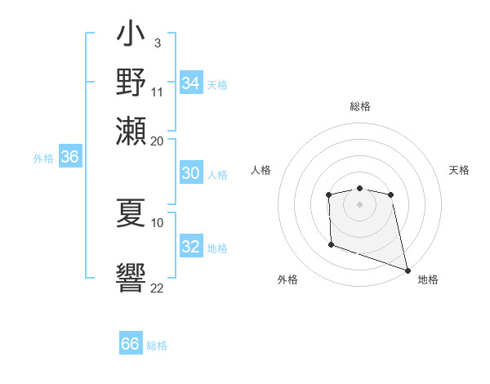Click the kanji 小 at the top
131,36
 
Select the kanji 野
131,83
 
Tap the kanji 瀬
131,130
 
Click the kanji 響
131,279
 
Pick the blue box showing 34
190,83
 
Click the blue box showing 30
190,173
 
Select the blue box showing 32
190,247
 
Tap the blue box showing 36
69,158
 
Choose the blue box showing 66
131,344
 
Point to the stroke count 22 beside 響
158,287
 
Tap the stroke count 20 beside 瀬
158,140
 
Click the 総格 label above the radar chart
359,106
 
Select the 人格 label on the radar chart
261,170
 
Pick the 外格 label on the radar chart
287,279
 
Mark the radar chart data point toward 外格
331,244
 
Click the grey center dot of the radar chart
359,203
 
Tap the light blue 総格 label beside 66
157,346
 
